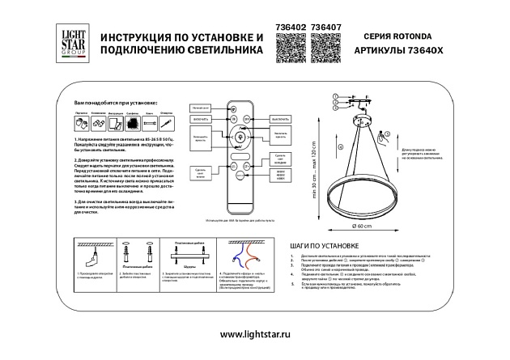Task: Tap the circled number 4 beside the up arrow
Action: (341, 146)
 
